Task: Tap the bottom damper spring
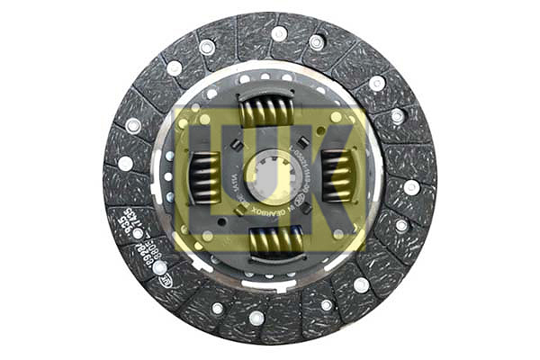pos(273,240)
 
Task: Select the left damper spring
pos(204,176)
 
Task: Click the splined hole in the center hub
pos(270,175)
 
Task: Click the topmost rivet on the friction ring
pos(279,34)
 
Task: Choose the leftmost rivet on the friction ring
pos(125,164)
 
